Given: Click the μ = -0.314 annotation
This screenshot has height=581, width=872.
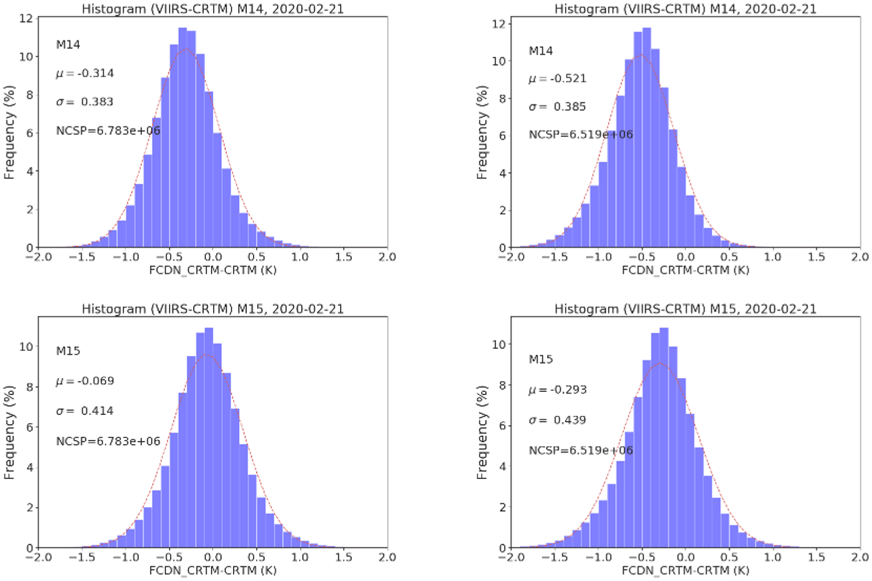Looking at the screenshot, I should (x=85, y=73).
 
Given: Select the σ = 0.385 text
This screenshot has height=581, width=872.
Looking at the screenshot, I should (x=557, y=107).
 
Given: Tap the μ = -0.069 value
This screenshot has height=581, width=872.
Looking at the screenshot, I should (x=85, y=381).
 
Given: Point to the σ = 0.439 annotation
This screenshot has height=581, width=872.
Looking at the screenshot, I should (x=557, y=420).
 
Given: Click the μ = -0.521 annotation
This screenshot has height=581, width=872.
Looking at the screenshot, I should (x=557, y=79).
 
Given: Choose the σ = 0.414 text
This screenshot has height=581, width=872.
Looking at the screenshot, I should (x=85, y=411).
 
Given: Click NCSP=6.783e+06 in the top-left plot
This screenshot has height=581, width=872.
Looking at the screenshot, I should (x=108, y=130).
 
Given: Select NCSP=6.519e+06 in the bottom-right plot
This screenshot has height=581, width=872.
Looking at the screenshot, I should (x=580, y=450).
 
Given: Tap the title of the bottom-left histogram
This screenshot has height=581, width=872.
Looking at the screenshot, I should (x=212, y=309).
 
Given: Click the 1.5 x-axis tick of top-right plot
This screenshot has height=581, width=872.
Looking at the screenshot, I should (x=816, y=257).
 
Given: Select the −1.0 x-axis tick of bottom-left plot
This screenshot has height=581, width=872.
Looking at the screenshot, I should (x=125, y=557).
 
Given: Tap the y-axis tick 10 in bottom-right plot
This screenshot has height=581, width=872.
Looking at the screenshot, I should (x=499, y=344).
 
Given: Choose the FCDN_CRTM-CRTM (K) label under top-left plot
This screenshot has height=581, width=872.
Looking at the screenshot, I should (x=212, y=270).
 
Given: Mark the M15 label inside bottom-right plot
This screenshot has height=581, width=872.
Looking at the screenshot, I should (x=540, y=359).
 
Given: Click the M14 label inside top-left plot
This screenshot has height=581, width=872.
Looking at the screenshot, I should (x=68, y=45).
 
